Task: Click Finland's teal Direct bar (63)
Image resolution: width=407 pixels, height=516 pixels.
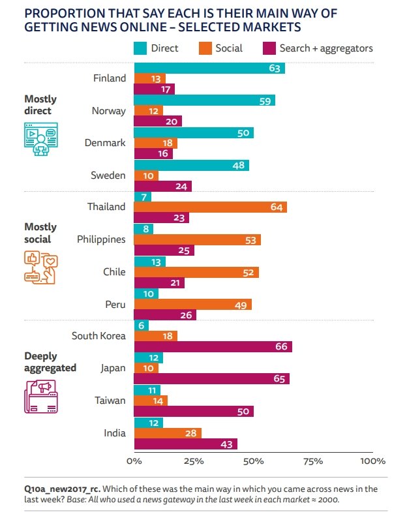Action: [x=209, y=68]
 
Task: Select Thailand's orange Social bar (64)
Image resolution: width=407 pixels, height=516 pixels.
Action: [x=210, y=207]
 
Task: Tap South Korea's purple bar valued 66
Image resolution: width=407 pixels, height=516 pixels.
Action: [x=213, y=346]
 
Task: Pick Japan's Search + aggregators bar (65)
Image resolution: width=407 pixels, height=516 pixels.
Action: [x=211, y=379]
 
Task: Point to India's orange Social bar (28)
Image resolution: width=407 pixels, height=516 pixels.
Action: [x=168, y=433]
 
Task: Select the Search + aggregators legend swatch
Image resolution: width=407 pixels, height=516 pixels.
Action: [x=268, y=48]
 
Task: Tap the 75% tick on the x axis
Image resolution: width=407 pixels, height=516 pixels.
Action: [x=313, y=461]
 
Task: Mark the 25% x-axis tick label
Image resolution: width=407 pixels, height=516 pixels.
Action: [x=194, y=461]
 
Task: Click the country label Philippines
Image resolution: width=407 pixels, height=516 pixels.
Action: [x=101, y=239]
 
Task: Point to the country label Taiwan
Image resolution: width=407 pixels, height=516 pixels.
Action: [x=109, y=400]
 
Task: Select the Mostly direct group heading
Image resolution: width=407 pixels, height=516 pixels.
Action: [x=40, y=104]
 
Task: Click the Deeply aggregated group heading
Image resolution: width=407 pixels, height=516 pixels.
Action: [x=50, y=362]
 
